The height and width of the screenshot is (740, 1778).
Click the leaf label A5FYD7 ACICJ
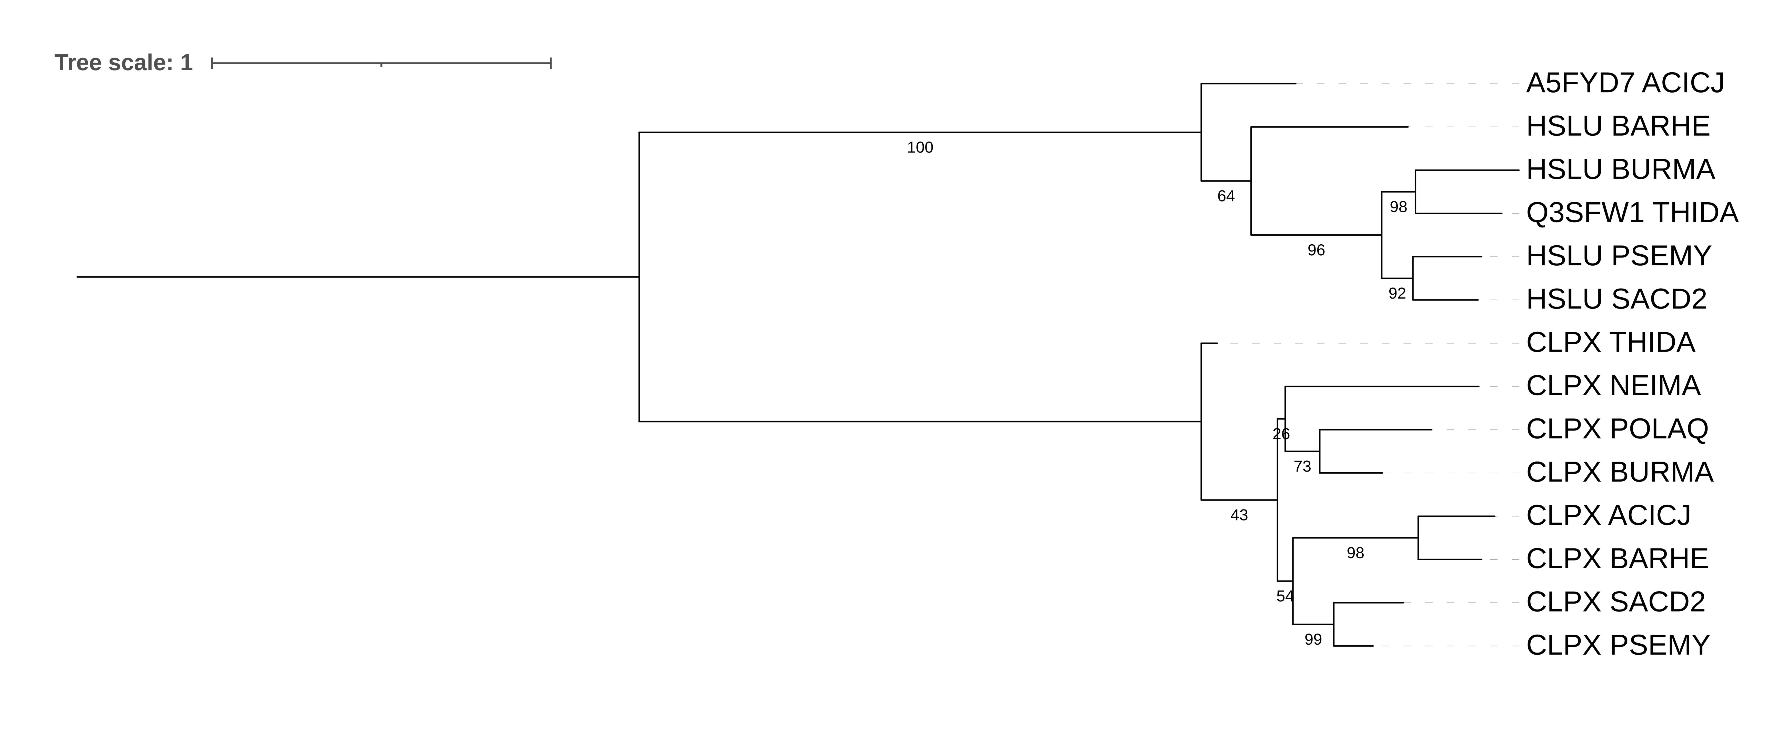click(x=1625, y=84)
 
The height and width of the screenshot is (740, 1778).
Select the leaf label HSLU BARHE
click(x=1618, y=127)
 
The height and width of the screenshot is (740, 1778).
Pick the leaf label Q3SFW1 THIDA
click(x=1632, y=213)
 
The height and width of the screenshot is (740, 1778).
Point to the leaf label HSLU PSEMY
click(x=1619, y=257)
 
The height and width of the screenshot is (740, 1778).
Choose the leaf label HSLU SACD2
click(x=1616, y=299)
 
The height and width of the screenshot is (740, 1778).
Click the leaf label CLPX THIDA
click(x=1610, y=343)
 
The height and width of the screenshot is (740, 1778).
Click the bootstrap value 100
click(x=920, y=148)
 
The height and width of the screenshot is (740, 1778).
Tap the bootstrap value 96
click(x=1316, y=251)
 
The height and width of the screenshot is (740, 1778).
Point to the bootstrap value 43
click(x=1239, y=516)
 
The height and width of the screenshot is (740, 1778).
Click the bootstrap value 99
click(x=1313, y=640)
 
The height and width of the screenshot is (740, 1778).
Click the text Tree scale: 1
click(x=124, y=63)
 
